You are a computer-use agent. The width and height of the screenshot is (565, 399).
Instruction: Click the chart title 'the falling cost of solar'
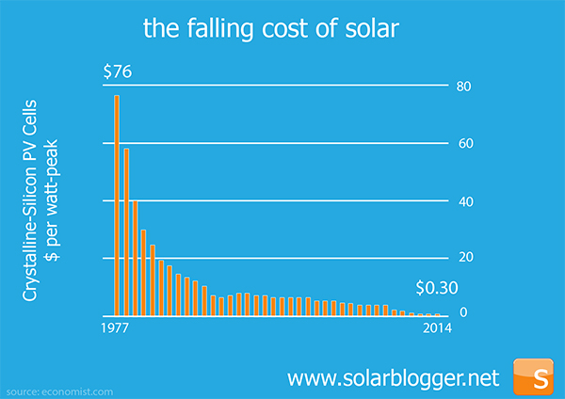coord(272,29)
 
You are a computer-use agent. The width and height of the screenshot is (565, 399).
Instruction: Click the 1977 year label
coord(115,328)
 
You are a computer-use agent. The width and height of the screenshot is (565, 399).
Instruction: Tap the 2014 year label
coord(436,328)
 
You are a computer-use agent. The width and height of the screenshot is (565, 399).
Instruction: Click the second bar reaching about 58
coord(126,231)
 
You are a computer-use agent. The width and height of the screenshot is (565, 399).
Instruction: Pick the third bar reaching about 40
coord(135,258)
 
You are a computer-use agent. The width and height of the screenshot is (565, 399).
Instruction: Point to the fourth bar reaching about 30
coord(143,272)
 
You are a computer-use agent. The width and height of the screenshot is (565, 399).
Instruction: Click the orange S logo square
coord(538,377)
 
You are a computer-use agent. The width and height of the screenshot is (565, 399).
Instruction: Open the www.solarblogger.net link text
coord(392,378)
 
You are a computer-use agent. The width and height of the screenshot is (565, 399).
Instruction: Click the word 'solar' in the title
coord(376,29)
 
